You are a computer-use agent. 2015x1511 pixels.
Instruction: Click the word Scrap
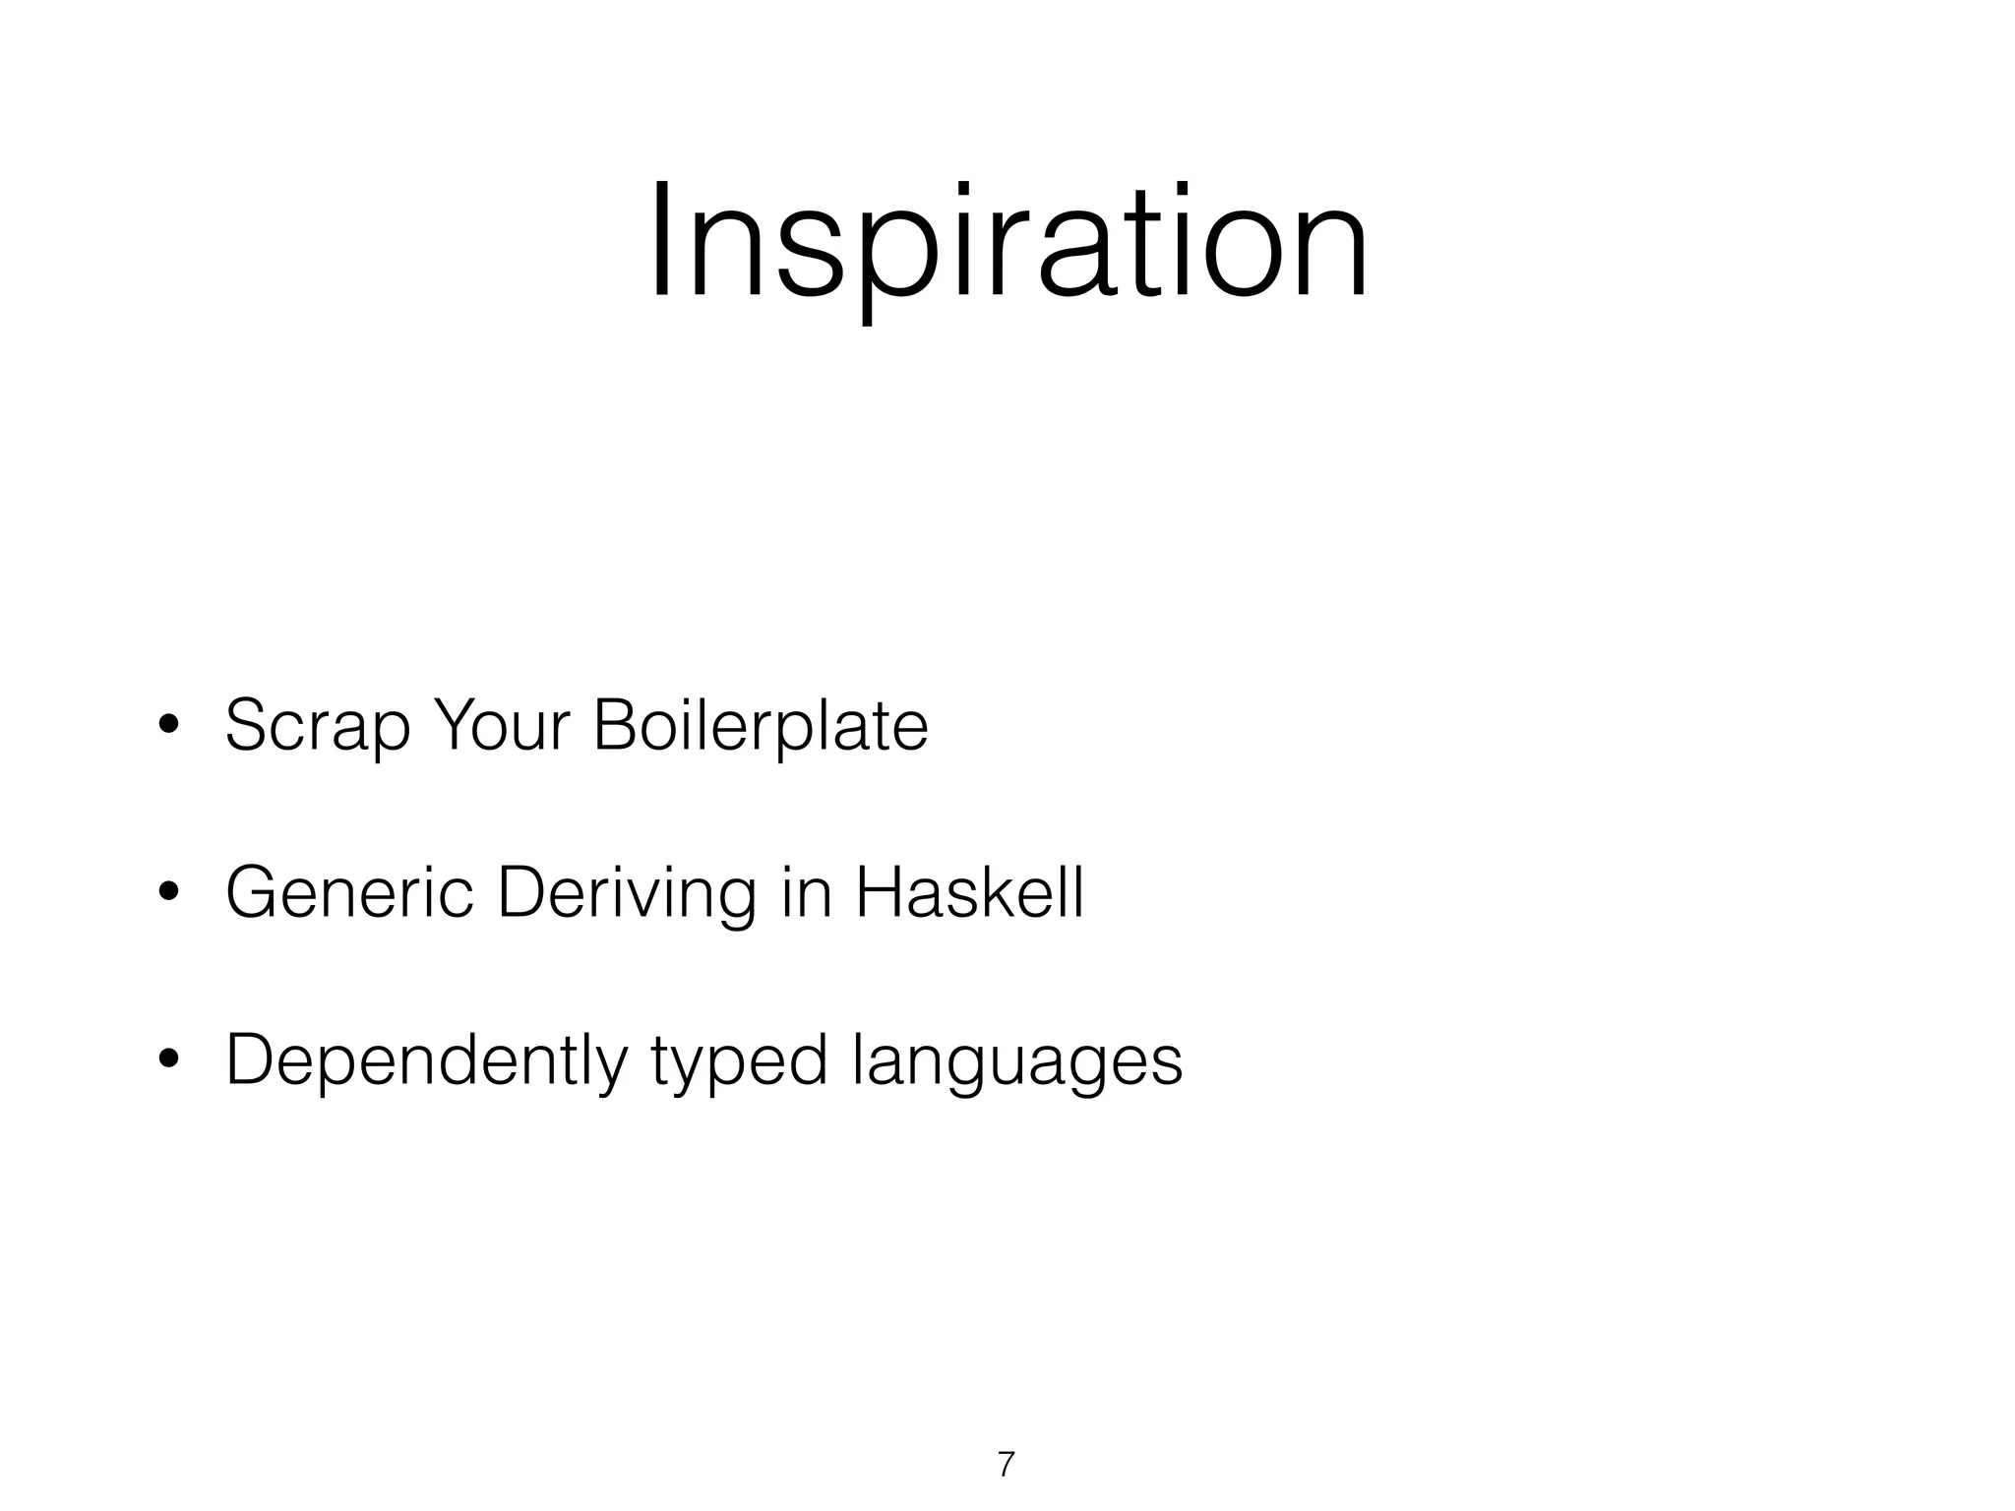[x=317, y=728]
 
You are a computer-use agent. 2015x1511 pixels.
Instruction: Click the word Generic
[x=349, y=892]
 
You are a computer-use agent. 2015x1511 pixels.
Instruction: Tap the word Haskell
[x=969, y=892]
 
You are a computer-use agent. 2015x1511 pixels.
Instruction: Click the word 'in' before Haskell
[x=805, y=892]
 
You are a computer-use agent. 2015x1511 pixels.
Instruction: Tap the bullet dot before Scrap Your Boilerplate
[x=168, y=726]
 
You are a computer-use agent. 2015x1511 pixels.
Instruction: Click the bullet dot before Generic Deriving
[x=168, y=893]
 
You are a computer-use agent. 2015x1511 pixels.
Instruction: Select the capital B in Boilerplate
[x=614, y=725]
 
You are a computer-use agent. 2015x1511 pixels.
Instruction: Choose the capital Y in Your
[x=454, y=725]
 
